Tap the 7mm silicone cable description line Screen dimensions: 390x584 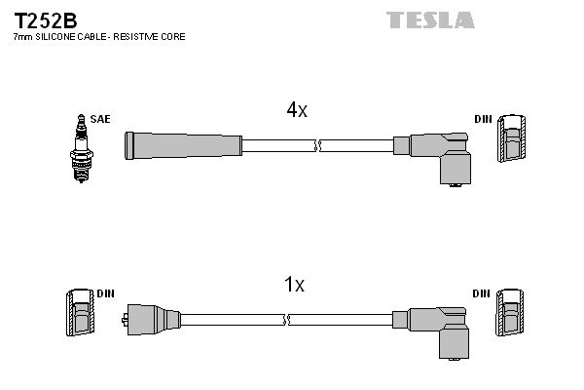pos(98,36)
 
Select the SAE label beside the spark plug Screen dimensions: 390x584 pos(99,119)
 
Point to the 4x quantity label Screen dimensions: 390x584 pos(297,110)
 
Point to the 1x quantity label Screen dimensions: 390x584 pos(294,285)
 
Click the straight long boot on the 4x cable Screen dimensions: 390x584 pos(182,145)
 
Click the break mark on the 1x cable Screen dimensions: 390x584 pos(287,319)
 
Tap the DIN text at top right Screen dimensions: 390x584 pos(483,119)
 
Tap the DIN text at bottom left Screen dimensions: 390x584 pos(106,292)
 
